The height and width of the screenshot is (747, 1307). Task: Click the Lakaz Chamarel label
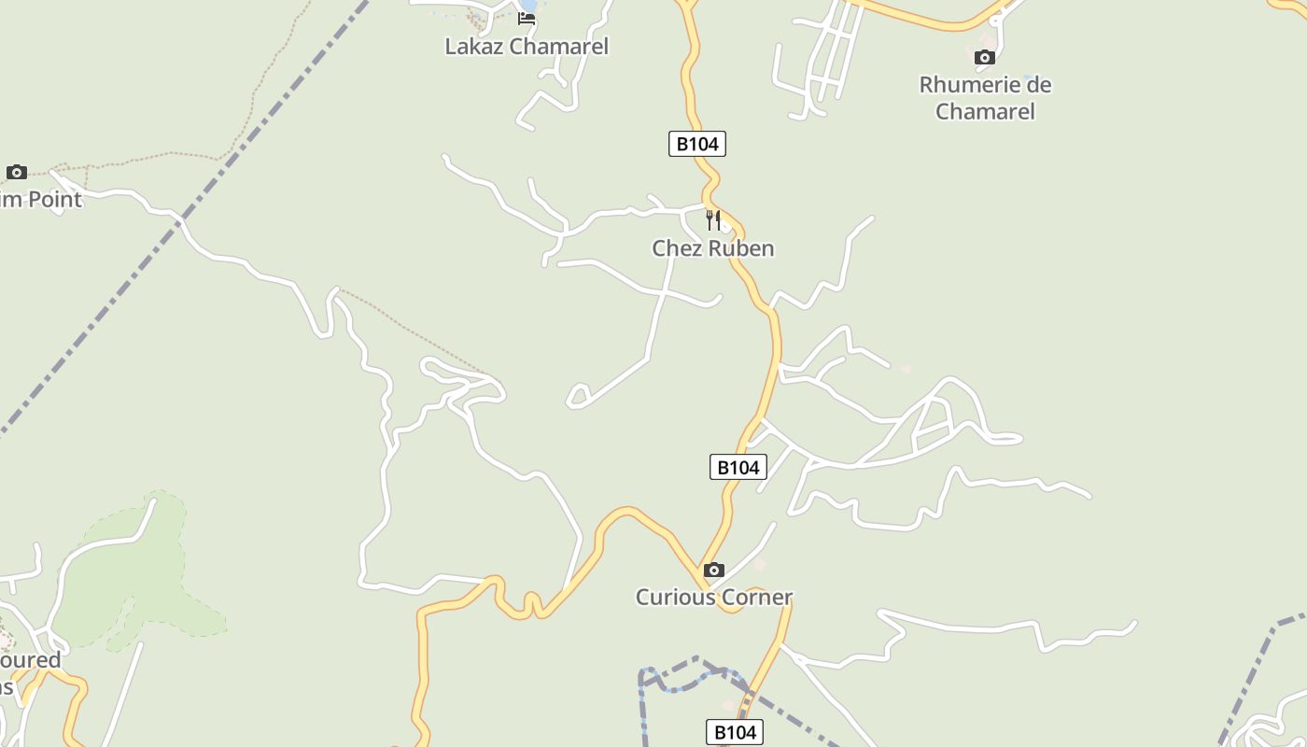(527, 46)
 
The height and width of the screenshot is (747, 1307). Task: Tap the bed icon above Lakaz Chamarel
(527, 18)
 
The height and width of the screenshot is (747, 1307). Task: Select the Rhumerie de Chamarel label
(985, 97)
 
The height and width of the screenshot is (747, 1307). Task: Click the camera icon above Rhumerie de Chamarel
(984, 58)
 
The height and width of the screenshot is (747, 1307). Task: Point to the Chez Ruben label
(713, 248)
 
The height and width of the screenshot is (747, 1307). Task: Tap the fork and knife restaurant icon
(713, 220)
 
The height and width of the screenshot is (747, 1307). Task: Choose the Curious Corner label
(714, 597)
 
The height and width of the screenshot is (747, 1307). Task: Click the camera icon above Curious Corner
(714, 570)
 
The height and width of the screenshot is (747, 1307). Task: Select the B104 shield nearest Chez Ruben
(697, 144)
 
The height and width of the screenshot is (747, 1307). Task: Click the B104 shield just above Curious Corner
(738, 467)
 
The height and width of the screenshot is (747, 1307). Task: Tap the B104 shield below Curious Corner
(735, 733)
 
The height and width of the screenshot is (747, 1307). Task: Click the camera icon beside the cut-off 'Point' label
(17, 172)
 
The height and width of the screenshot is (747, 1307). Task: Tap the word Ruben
(741, 248)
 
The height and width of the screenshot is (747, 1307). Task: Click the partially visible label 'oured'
(30, 660)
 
